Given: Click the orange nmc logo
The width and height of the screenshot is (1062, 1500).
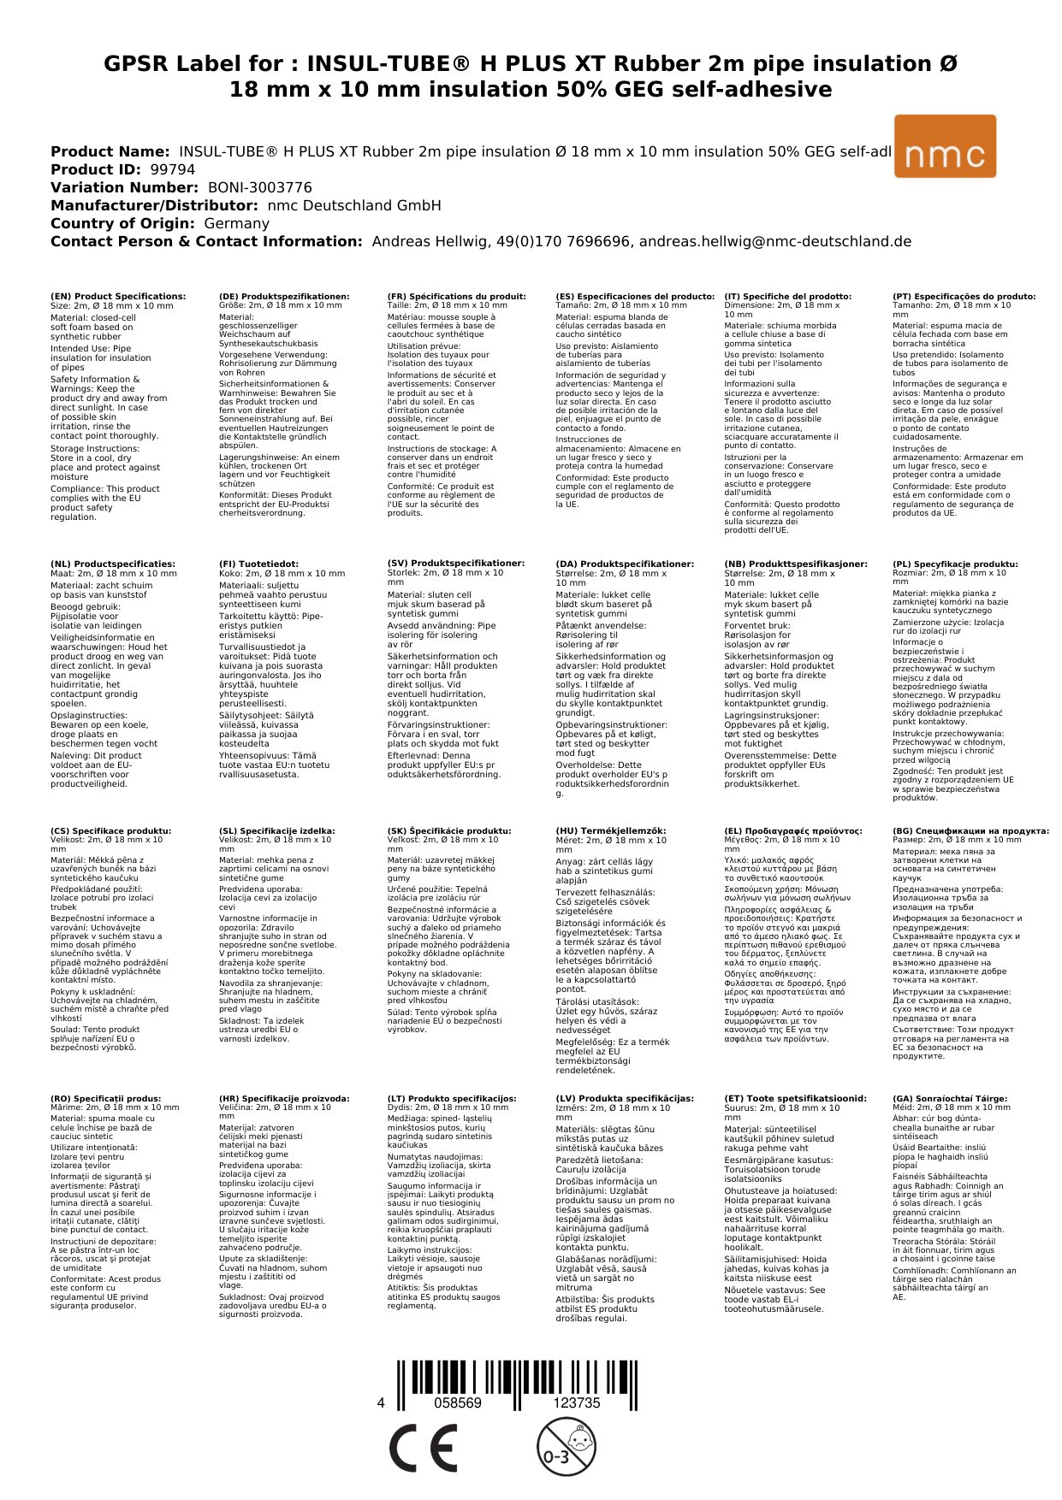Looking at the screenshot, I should coord(944,146).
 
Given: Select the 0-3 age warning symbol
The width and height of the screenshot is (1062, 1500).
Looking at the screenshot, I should coord(565,1447).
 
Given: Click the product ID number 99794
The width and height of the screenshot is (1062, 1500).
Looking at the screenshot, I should coord(172,169).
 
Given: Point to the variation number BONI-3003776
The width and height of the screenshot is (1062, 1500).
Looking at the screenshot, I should coord(259,187).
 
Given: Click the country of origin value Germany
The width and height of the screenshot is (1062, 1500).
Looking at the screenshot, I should coord(236,223).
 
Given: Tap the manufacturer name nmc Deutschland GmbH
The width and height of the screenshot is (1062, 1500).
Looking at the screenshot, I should coord(354,205).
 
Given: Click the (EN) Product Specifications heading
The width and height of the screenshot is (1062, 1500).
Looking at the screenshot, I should coord(118,297).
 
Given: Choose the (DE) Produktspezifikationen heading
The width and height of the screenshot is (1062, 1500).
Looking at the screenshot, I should coord(284,297).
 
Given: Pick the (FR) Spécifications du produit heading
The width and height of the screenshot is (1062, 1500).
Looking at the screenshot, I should coord(456,297).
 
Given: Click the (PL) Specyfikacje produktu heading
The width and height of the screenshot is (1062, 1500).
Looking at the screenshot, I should coord(955,564).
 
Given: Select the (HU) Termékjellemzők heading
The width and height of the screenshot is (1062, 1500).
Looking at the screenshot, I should coord(610,830).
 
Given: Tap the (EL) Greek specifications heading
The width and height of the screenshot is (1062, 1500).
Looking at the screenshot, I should coord(792,830).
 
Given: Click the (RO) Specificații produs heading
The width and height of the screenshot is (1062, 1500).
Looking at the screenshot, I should coord(105,1098).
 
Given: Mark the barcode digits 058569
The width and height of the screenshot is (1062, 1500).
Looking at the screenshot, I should coord(458,1403).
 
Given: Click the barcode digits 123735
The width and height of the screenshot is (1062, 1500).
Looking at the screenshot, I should coord(576,1403).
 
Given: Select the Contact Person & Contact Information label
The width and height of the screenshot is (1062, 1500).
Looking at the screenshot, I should coord(206,241).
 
